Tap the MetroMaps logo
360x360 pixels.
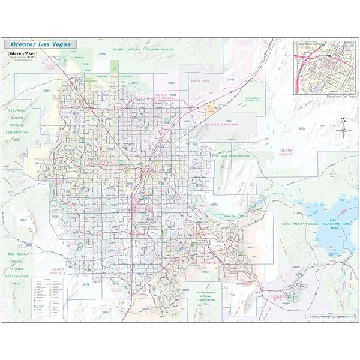click(x=22, y=53)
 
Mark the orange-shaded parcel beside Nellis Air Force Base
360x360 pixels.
click(x=211, y=109)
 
